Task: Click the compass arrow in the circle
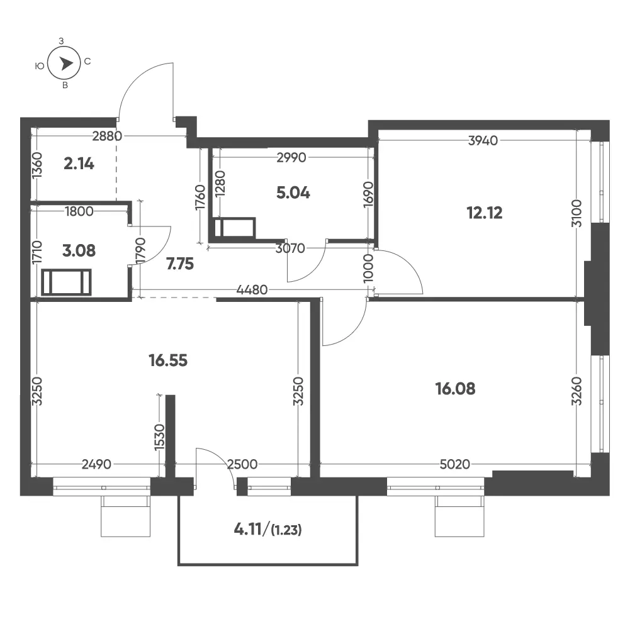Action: tap(66, 64)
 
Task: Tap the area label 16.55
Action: tap(168, 360)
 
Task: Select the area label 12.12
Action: tap(485, 213)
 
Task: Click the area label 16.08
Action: tap(455, 388)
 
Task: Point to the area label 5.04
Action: tap(293, 193)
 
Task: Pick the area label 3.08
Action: tap(79, 250)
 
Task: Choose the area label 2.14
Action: tap(79, 164)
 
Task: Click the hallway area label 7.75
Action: tap(180, 264)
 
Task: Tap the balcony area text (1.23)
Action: tap(286, 530)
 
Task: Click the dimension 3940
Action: tap(483, 140)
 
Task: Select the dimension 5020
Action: tap(455, 464)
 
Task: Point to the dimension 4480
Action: tap(252, 289)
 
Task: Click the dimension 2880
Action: tap(107, 136)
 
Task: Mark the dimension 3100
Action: tap(577, 213)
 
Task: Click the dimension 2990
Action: tap(291, 157)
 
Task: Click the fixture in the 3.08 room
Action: tap(66, 282)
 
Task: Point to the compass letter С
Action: tap(87, 62)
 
